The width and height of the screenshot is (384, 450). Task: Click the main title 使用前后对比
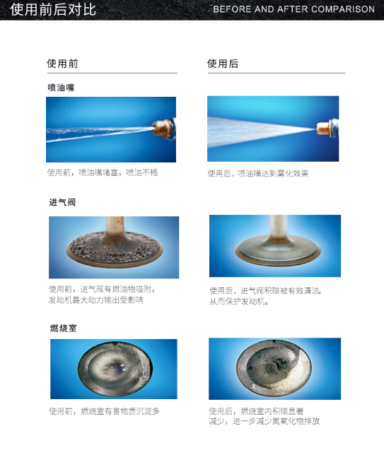53,9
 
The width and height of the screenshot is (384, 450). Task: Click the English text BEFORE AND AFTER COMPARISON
293,9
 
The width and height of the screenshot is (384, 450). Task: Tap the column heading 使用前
62,64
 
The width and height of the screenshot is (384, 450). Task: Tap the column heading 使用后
223,64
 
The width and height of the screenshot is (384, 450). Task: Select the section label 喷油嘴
62,88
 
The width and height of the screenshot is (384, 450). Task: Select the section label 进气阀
62,202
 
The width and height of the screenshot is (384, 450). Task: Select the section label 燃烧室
64,328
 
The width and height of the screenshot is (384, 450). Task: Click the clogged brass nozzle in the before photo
163,129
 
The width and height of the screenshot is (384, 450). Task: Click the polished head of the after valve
277,250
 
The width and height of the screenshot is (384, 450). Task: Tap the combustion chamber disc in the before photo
115,369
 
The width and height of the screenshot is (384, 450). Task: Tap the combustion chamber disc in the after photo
274,368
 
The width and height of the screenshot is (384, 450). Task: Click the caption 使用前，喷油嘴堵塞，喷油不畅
103,172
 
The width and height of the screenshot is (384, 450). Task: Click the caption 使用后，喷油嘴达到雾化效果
258,173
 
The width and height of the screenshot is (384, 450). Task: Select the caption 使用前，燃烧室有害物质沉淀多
104,411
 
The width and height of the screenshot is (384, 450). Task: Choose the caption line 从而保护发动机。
239,302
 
